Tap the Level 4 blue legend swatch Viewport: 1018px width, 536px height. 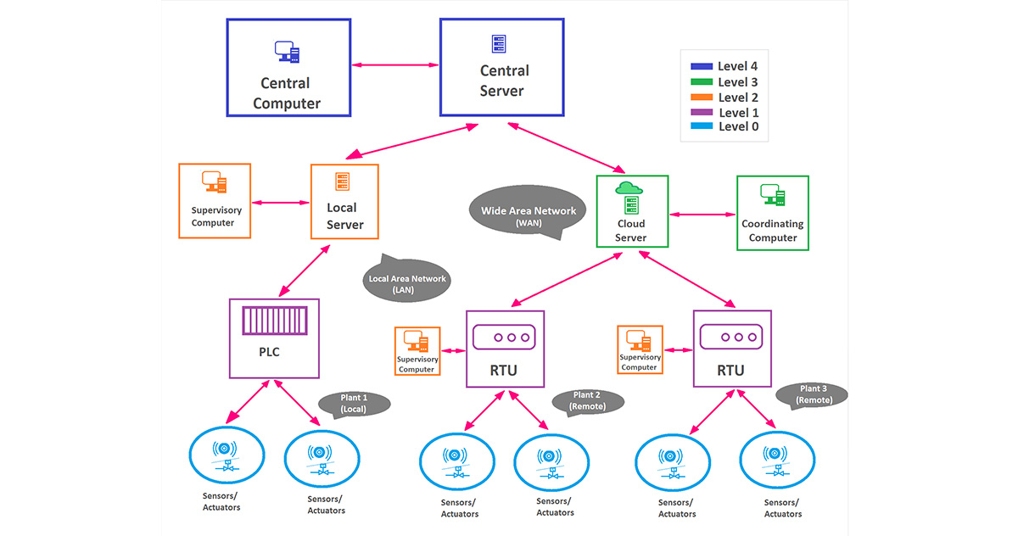702,66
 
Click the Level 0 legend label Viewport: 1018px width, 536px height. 738,127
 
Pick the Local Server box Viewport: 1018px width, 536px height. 344,202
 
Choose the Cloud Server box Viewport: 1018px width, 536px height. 632,212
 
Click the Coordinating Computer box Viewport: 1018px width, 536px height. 772,213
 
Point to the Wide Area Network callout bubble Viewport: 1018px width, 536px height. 528,215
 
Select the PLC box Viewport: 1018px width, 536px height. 274,338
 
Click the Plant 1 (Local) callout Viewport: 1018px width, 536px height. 353,404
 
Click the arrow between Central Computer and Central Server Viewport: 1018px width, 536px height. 394,64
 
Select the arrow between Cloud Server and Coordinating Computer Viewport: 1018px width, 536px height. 702,213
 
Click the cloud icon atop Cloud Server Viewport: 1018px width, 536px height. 629,188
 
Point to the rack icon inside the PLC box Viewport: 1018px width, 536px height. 273,321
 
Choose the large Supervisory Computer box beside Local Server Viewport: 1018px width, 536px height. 215,200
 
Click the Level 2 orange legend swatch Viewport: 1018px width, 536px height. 702,98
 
